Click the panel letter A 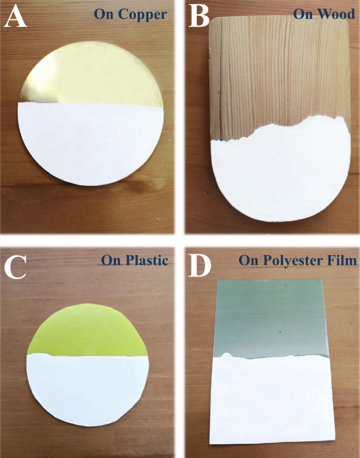tap(15, 17)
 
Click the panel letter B tap(199, 17)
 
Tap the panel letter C tap(15, 267)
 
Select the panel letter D tap(200, 265)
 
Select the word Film tap(348, 260)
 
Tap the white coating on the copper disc tap(90, 143)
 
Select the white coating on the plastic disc tap(88, 388)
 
